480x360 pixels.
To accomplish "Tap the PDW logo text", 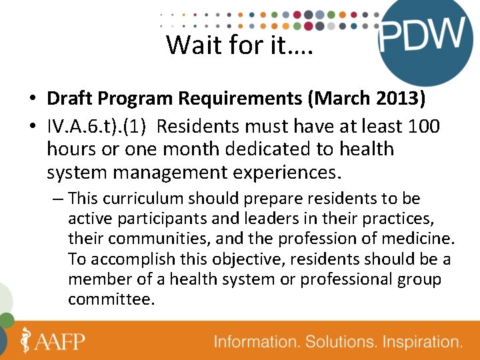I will tap(422, 35).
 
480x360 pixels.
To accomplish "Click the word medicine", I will tap(422, 239).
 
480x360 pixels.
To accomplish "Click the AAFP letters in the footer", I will tap(61, 341).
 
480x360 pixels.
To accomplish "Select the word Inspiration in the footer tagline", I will tap(418, 342).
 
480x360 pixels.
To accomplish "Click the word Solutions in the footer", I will tap(338, 342).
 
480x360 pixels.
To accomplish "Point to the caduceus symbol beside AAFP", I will tap(25, 340).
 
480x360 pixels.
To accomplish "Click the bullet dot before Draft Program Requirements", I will tap(32, 100).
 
